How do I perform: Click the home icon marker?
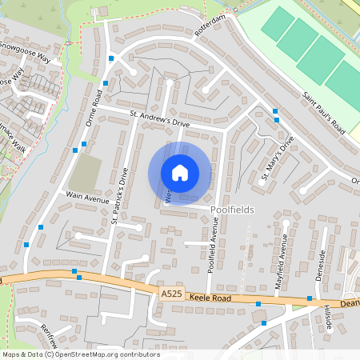pos(179,174)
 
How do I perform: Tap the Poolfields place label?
pos(232,210)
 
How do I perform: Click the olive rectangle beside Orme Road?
pos(85,173)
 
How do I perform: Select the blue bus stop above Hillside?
pos(309,298)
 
